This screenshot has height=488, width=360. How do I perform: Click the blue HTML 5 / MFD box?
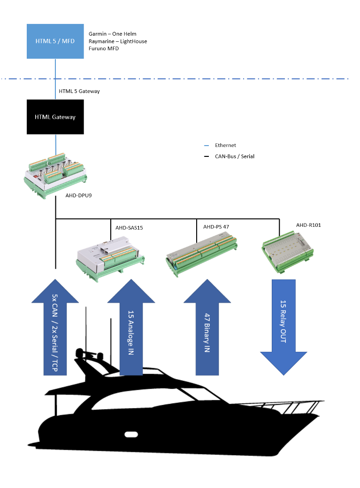tap(55, 41)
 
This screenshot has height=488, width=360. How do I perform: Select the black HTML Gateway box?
tap(55, 117)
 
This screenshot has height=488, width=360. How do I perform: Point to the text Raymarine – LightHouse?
tap(117, 41)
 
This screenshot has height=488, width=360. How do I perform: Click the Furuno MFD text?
tap(104, 48)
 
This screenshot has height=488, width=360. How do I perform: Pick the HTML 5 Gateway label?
tap(79, 91)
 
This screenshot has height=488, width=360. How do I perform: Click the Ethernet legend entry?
tap(225, 146)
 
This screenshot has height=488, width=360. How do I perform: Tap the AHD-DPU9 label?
tap(78, 194)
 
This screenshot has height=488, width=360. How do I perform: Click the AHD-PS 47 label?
tap(216, 227)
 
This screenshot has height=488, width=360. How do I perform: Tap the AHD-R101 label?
tap(308, 225)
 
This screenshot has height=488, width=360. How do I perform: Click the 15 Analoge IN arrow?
tap(131, 329)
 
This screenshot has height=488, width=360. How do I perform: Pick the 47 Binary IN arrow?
tap(207, 329)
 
